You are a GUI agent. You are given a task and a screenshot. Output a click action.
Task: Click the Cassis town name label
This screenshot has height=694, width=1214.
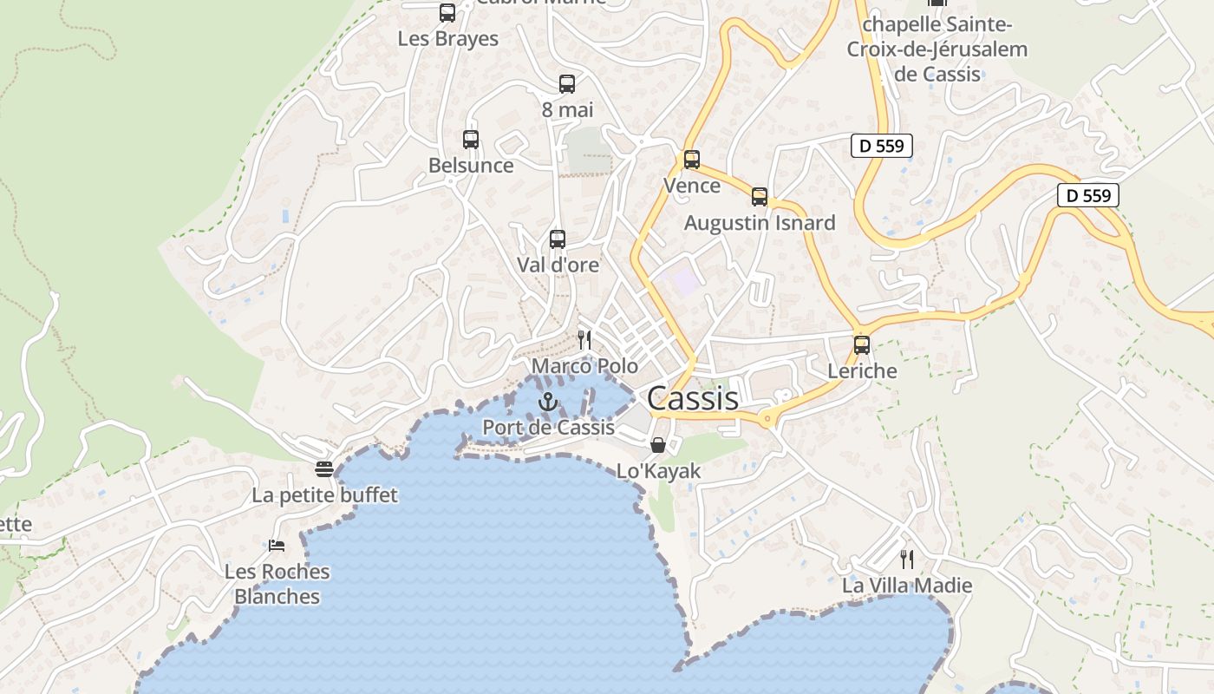[693, 398]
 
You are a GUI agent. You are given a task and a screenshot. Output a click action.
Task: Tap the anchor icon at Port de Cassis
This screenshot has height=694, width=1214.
[547, 402]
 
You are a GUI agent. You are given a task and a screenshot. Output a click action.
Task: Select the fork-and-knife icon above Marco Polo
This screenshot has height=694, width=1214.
[584, 339]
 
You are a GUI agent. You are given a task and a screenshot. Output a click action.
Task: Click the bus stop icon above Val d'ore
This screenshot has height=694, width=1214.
[558, 239]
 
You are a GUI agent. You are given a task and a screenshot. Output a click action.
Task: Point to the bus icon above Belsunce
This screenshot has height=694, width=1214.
[471, 139]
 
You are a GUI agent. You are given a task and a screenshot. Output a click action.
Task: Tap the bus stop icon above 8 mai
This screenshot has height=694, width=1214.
[567, 83]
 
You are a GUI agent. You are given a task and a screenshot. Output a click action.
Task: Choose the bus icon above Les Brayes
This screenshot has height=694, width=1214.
[447, 13]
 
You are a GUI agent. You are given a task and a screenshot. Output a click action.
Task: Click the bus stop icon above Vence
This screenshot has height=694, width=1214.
[691, 160]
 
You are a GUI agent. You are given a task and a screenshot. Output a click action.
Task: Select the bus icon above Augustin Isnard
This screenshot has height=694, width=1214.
[760, 196]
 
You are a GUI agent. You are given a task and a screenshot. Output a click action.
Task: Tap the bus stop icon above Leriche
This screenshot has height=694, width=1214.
[862, 344]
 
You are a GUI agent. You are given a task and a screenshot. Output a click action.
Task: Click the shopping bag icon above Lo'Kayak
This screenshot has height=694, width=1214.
[658, 445]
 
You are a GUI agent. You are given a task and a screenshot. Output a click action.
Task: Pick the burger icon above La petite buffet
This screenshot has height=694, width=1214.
[324, 469]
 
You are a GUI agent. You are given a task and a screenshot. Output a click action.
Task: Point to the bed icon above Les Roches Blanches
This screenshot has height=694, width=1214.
[277, 545]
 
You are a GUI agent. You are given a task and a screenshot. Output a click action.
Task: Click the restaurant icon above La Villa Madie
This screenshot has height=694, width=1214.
[907, 559]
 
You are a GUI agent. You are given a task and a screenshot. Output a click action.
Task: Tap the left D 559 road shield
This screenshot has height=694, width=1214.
[883, 146]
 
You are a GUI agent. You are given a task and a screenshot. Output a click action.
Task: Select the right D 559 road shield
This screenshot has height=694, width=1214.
[1088, 195]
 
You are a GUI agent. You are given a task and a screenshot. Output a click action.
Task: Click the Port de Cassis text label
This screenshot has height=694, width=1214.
[548, 427]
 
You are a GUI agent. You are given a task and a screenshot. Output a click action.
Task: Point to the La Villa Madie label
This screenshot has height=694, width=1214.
[907, 586]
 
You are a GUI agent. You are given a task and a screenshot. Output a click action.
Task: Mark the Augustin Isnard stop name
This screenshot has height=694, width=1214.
[760, 223]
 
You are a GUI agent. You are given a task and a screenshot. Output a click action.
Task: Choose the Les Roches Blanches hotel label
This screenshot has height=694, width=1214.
[277, 584]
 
